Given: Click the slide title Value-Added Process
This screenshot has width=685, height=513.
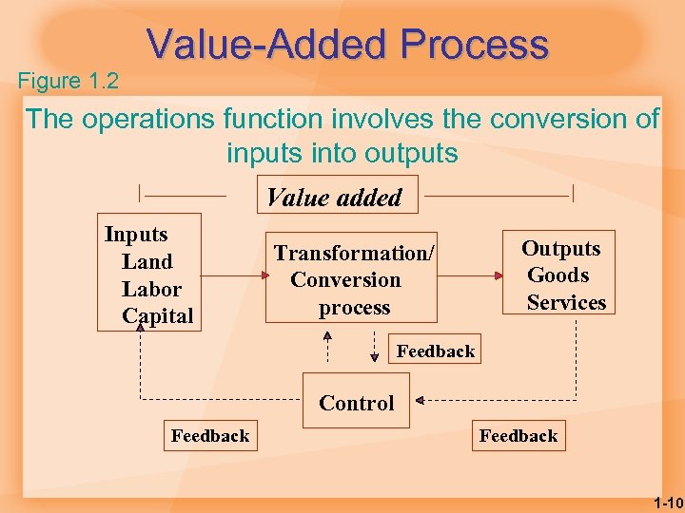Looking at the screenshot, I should pyautogui.click(x=348, y=45).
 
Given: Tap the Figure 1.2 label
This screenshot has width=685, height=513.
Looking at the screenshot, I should pyautogui.click(x=68, y=82).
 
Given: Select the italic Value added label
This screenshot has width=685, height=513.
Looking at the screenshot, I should pyautogui.click(x=334, y=198).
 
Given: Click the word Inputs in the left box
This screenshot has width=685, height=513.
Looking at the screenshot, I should pyautogui.click(x=136, y=235).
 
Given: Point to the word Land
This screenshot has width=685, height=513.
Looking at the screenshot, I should pyautogui.click(x=147, y=262).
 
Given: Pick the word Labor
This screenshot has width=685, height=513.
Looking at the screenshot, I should pyautogui.click(x=151, y=289).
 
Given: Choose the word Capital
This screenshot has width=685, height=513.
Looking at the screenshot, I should pyautogui.click(x=158, y=316).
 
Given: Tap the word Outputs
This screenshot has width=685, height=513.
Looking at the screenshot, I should pyautogui.click(x=560, y=249).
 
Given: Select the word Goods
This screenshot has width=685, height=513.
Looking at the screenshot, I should pyautogui.click(x=558, y=275).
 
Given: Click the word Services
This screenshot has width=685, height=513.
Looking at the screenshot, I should pyautogui.click(x=566, y=303).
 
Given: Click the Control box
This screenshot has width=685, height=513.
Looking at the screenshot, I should pyautogui.click(x=356, y=404).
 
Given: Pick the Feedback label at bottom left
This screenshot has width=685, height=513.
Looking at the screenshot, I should pyautogui.click(x=210, y=436).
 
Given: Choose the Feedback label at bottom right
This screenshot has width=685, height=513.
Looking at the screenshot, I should pyautogui.click(x=519, y=436).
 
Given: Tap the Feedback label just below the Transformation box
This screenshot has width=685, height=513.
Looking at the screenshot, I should pyautogui.click(x=436, y=351).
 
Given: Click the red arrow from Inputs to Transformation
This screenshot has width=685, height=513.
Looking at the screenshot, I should pyautogui.click(x=233, y=276).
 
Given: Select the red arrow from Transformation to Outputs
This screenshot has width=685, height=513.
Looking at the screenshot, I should pyautogui.click(x=470, y=276).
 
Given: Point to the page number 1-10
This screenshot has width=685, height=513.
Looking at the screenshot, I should pyautogui.click(x=669, y=503).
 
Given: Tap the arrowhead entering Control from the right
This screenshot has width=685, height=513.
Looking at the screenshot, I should pyautogui.click(x=420, y=397).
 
